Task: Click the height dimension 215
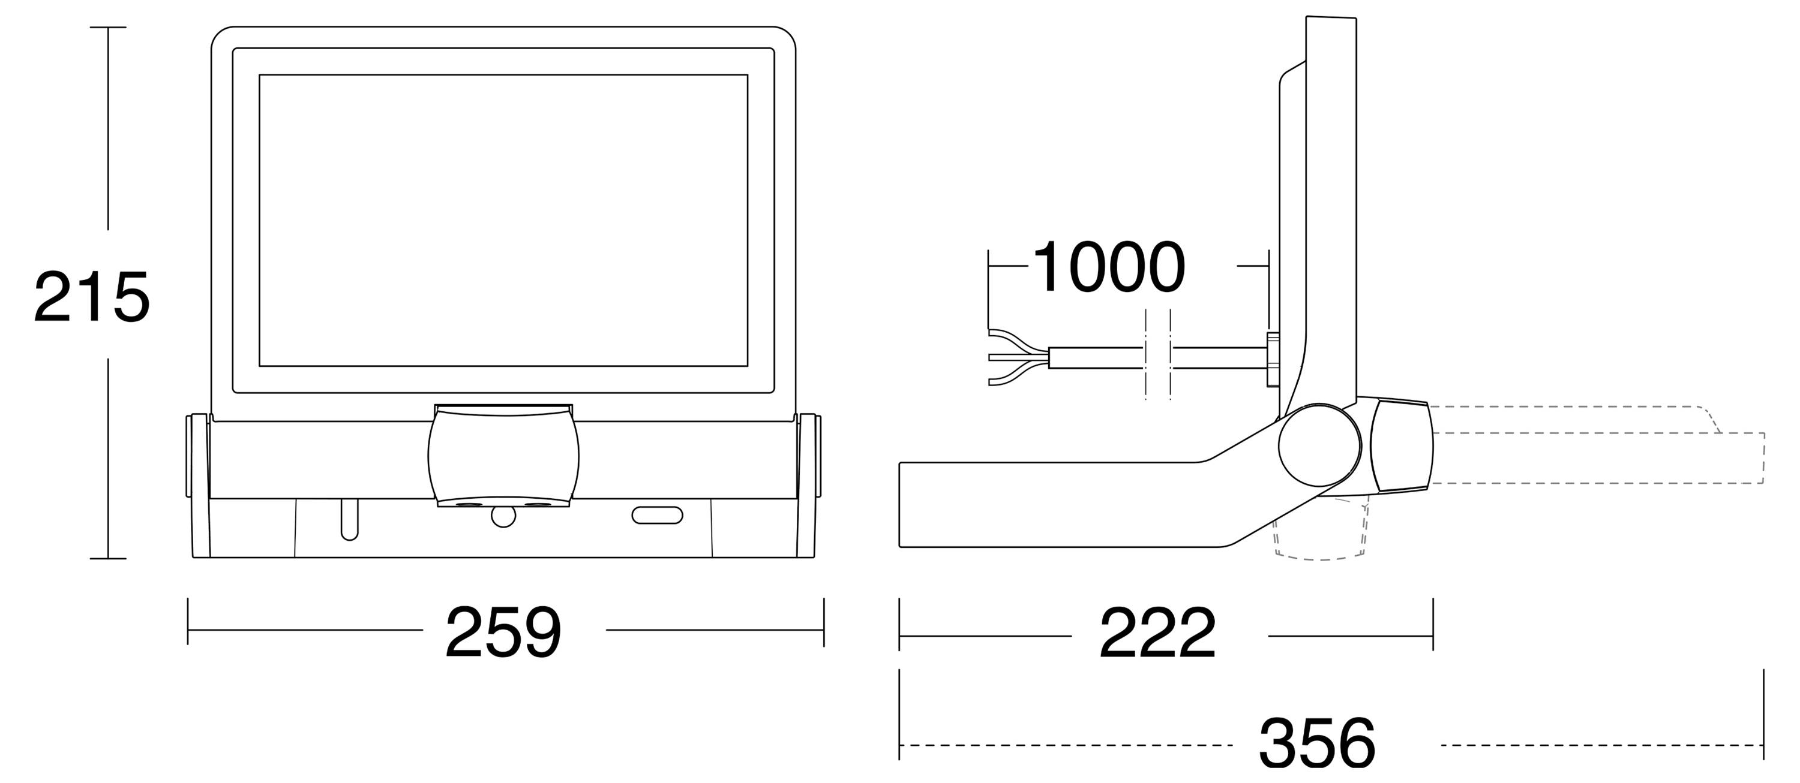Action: (92, 297)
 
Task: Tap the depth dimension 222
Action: (1158, 634)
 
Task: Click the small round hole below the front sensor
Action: (503, 516)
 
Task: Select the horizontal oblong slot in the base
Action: (657, 516)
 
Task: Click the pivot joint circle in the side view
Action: (1319, 445)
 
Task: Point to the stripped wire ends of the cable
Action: (1019, 357)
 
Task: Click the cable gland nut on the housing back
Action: (1273, 360)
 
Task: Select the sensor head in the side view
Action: (1401, 445)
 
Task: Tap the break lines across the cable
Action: (1158, 354)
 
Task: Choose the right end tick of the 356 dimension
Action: (1763, 715)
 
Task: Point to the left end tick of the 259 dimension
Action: (188, 621)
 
